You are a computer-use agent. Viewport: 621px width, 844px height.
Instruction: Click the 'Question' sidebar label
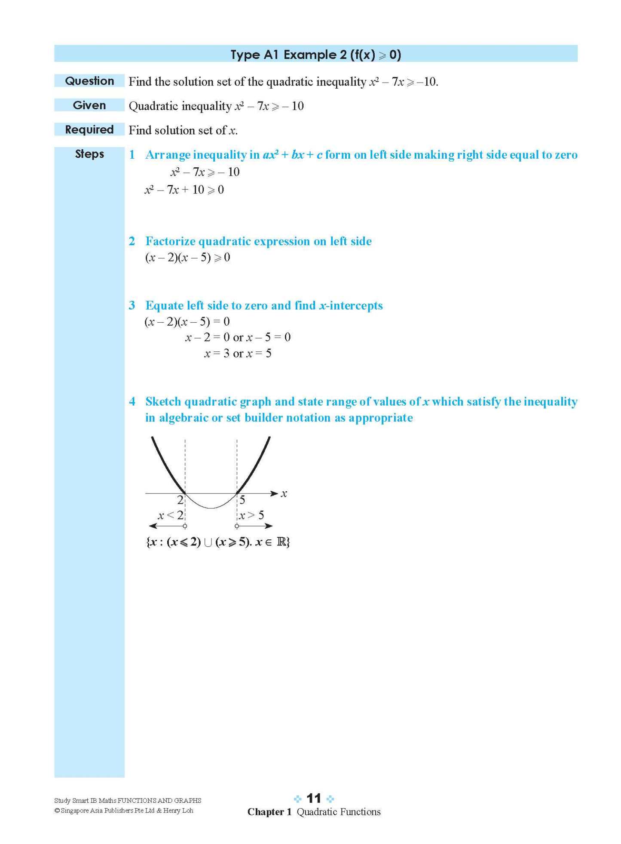click(89, 81)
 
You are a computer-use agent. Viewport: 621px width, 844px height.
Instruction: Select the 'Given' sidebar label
click(89, 105)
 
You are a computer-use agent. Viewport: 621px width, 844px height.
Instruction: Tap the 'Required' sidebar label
click(89, 129)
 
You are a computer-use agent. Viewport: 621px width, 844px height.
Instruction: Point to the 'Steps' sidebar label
click(89, 154)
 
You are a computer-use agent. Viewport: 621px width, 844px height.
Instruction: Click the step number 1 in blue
click(132, 155)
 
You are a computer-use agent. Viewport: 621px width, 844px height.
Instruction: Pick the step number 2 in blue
click(132, 241)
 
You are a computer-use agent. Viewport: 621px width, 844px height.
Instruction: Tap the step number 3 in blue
click(132, 305)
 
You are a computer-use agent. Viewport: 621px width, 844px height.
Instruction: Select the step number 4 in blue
click(132, 402)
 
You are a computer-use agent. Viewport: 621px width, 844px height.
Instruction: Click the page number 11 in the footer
click(314, 798)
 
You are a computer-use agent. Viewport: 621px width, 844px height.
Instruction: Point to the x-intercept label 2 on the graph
click(180, 500)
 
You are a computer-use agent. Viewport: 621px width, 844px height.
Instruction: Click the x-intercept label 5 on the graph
click(242, 500)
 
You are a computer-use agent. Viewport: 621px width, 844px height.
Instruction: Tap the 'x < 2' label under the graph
click(170, 515)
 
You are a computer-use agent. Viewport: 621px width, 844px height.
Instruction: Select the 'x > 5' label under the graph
click(252, 515)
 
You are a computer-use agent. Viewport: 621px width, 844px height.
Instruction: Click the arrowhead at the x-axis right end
click(274, 493)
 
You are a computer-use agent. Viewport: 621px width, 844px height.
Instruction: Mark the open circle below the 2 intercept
click(185, 526)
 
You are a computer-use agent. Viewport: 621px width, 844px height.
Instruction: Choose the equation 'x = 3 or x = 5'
click(238, 354)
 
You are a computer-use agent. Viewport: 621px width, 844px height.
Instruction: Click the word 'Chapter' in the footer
click(266, 812)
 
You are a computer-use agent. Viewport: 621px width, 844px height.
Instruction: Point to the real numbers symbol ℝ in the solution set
click(282, 542)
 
